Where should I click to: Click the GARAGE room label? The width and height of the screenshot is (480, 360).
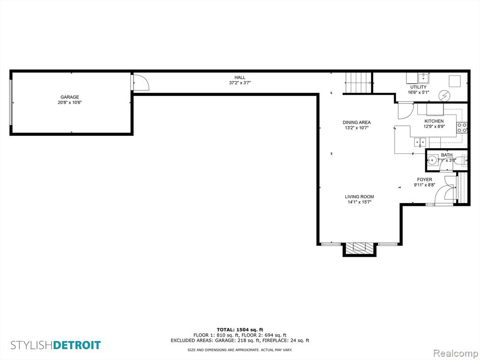point(70,97)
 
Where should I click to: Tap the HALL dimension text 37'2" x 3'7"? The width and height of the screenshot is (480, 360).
point(240,82)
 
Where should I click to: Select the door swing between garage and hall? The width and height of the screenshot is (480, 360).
point(141,82)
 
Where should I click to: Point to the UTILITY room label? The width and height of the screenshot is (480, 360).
point(418,87)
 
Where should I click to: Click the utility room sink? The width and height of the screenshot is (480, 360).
point(424,78)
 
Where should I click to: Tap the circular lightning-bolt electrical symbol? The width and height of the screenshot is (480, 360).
point(444,96)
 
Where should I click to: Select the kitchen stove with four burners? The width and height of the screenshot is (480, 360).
point(462,127)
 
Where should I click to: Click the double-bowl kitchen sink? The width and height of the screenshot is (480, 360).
point(420,142)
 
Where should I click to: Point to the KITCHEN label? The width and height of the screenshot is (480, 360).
point(434,121)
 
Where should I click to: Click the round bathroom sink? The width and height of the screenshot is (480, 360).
point(432,160)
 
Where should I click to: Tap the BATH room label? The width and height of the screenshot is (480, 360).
point(447,155)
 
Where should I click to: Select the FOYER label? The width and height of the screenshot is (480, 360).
point(425,180)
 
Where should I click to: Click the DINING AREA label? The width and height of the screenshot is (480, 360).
point(357,122)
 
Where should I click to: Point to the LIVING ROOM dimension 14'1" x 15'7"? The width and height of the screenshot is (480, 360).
point(360,202)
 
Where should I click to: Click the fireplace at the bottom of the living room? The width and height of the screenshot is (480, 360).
point(359,248)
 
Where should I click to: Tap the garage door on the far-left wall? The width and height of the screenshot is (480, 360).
point(11,102)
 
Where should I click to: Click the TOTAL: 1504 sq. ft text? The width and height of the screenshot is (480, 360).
point(240,330)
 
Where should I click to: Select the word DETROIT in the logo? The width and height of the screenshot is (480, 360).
point(77,345)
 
